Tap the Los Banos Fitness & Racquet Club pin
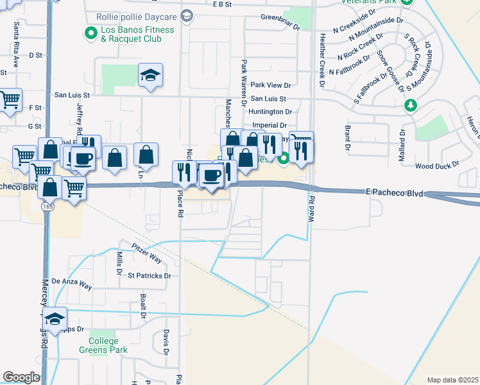coord(90,31)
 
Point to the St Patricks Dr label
coord(150,276)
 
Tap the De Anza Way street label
coord(72,281)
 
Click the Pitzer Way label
coord(147,253)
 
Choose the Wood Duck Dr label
coord(438,165)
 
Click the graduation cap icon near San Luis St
coord(151,76)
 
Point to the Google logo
coord(21,377)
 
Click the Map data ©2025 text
coord(452,380)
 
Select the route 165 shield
coord(48,207)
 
